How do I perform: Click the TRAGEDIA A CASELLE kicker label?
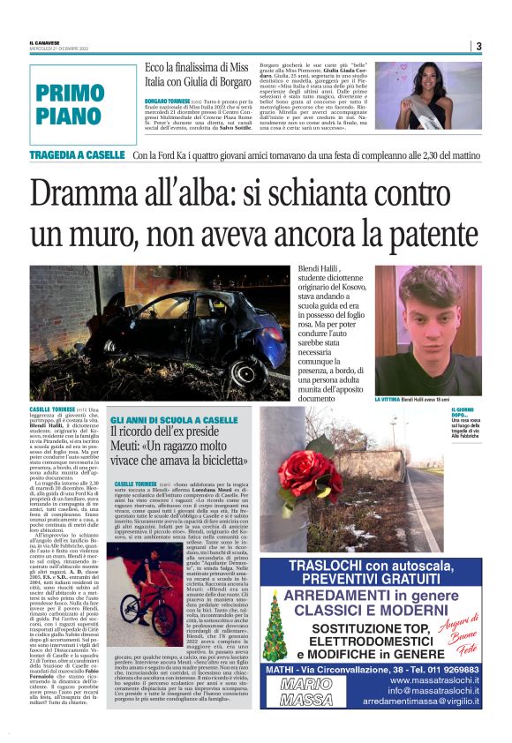79,155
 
